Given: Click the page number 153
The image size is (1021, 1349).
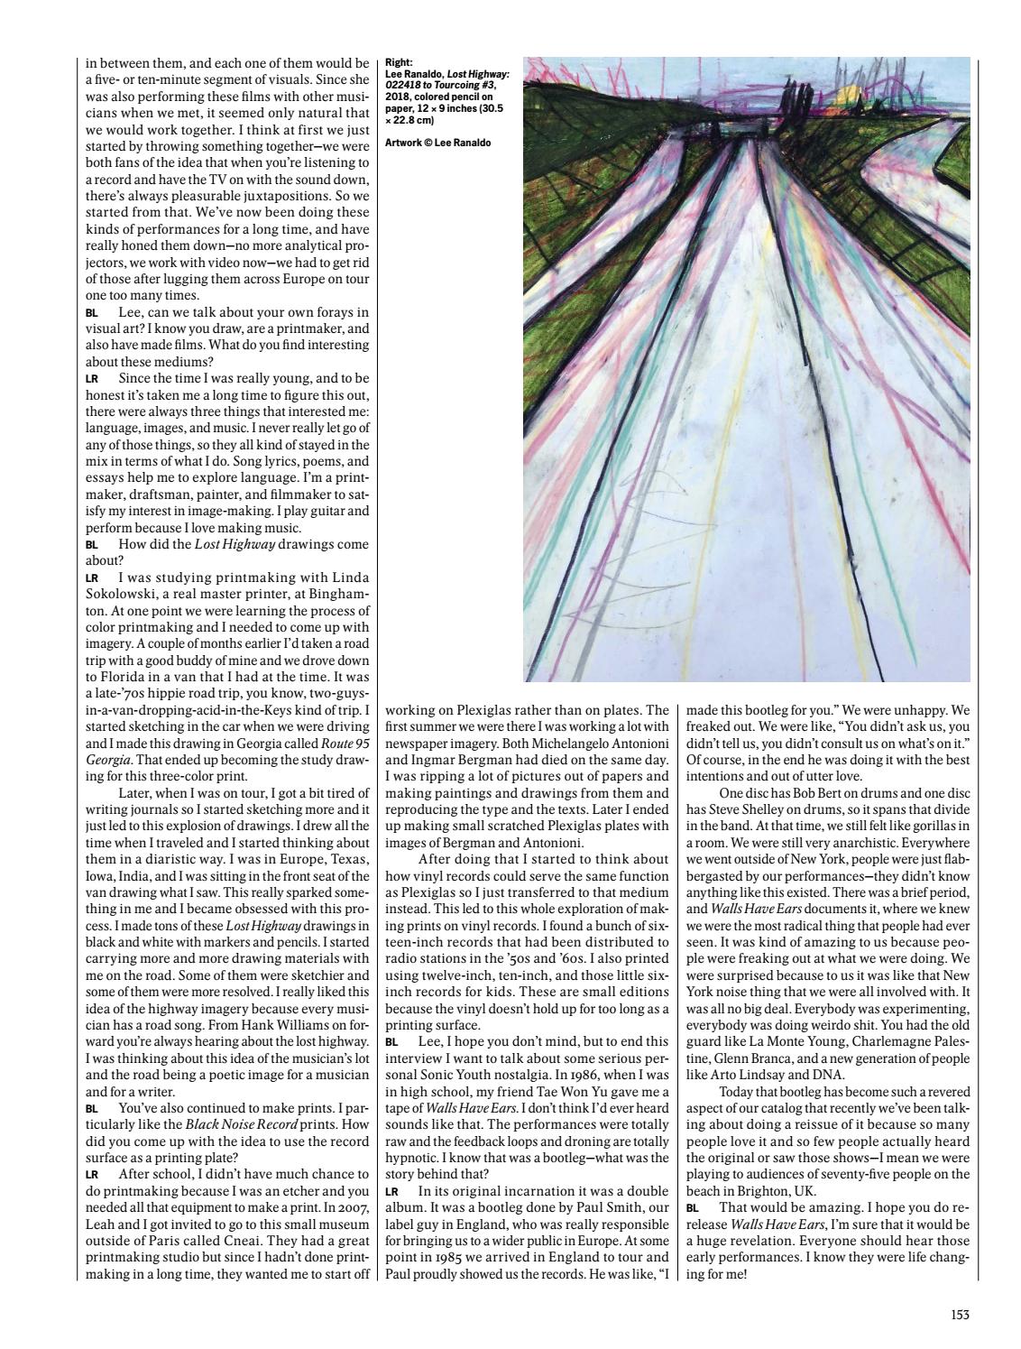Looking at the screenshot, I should [x=959, y=1315].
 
